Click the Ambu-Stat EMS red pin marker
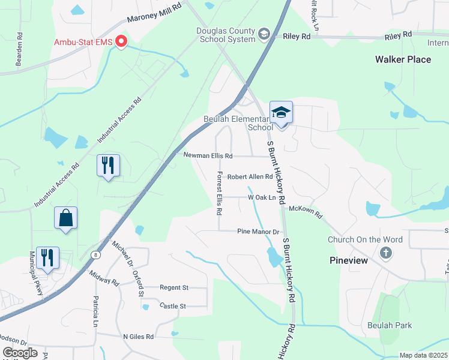pyautogui.click(x=121, y=41)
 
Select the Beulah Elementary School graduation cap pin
pyautogui.click(x=281, y=113)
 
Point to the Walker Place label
pyautogui.click(x=403, y=59)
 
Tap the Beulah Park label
pyautogui.click(x=390, y=325)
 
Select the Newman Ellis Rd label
pyautogui.click(x=207, y=155)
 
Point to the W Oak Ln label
pyautogui.click(x=262, y=197)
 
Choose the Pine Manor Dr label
pyautogui.click(x=259, y=232)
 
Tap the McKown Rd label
pyautogui.click(x=306, y=211)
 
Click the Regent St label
pyautogui.click(x=174, y=288)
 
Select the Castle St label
pyautogui.click(x=173, y=306)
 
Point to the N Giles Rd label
pyautogui.click(x=138, y=337)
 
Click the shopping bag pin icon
pyautogui.click(x=65, y=219)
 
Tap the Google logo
pyautogui.click(x=20, y=353)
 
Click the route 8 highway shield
pyautogui.click(x=95, y=255)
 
